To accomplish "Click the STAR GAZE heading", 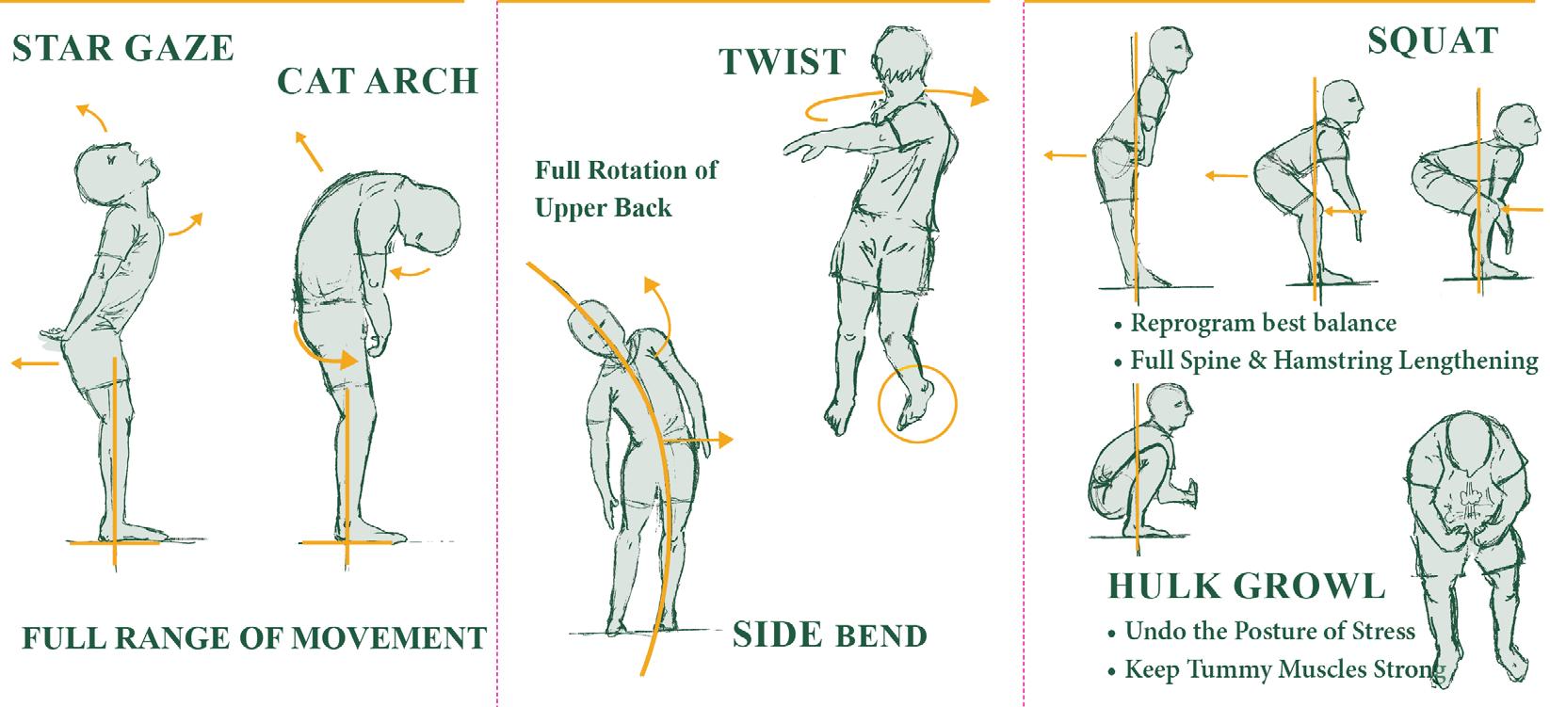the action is click(x=123, y=48).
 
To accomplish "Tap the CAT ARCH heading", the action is click(x=378, y=82).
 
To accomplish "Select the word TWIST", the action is click(x=783, y=61).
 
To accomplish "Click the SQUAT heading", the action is click(x=1433, y=41).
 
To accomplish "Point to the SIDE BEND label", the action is click(x=830, y=635).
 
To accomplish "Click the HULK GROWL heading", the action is click(x=1247, y=586).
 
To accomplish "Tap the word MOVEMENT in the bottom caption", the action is click(x=388, y=638).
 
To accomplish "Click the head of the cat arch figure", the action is click(x=431, y=220).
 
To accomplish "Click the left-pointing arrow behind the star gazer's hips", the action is click(x=35, y=363).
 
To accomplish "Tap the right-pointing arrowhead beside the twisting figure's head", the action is click(x=979, y=97).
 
